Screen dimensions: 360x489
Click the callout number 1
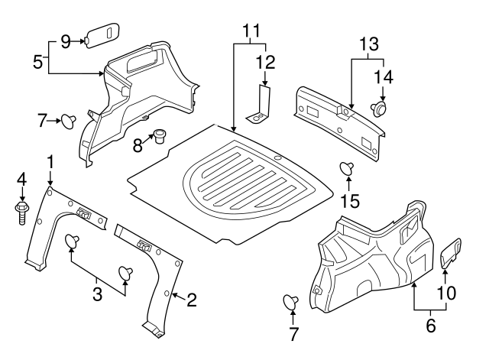pos(50,161)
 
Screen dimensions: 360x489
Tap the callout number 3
pos(98,293)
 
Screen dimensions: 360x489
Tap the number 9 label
pos(65,40)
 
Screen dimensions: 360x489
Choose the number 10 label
pos(446,292)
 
